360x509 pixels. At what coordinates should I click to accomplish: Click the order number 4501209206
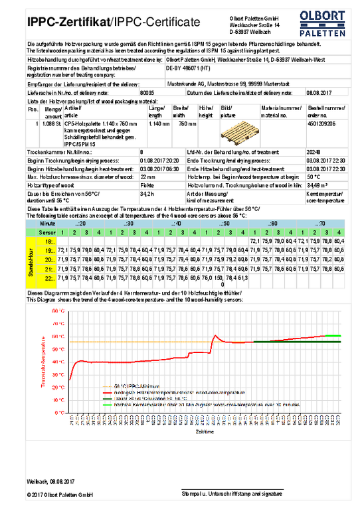(x=321, y=123)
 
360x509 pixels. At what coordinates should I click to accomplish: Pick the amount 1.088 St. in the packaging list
(x=52, y=123)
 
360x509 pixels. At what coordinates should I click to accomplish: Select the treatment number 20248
(x=315, y=151)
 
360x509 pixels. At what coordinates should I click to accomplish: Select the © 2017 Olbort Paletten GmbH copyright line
(x=60, y=495)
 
